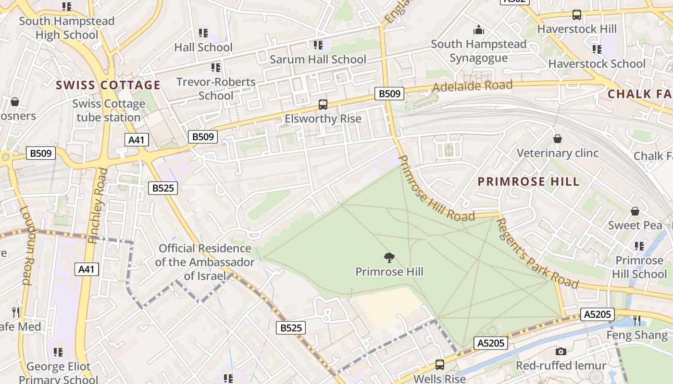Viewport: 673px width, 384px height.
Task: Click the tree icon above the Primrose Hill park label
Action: click(x=389, y=258)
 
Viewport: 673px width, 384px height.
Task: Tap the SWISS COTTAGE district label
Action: click(x=108, y=85)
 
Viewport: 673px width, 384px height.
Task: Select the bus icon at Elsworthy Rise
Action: click(x=323, y=104)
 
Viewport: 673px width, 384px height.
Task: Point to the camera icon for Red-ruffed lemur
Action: click(x=561, y=351)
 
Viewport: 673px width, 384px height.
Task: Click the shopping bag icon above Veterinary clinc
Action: click(x=558, y=139)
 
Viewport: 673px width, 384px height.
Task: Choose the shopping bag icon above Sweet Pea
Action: click(x=635, y=211)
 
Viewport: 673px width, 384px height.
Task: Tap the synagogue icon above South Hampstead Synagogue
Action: click(x=478, y=30)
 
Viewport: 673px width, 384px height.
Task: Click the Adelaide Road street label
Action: click(x=472, y=86)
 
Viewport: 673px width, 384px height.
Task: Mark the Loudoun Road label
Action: click(x=26, y=245)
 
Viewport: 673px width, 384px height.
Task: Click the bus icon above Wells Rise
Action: click(x=439, y=365)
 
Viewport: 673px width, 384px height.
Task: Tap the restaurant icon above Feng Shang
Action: click(x=637, y=320)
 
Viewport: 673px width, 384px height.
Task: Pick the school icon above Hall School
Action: click(x=203, y=33)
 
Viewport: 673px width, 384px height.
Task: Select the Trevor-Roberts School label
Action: click(x=216, y=88)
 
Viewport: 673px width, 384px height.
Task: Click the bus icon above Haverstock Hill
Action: click(x=576, y=15)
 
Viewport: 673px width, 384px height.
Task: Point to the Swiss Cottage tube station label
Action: click(x=109, y=110)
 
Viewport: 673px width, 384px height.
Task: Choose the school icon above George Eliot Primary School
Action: click(x=58, y=352)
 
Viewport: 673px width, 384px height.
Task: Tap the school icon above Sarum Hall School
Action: click(x=318, y=45)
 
